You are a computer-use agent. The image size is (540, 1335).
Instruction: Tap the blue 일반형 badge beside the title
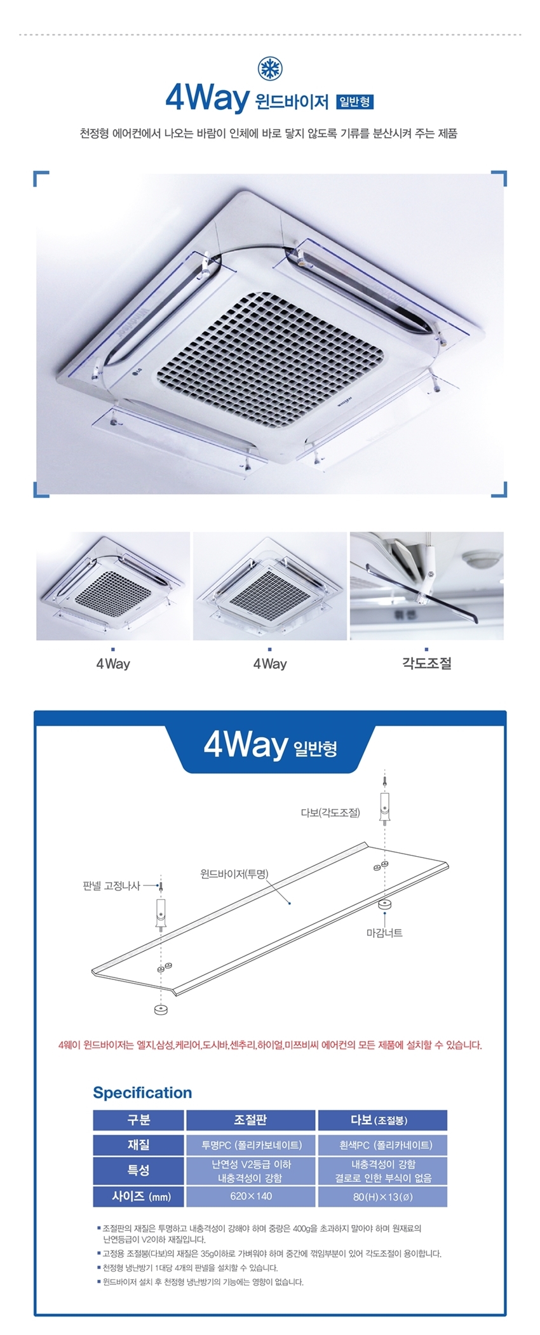coord(356,101)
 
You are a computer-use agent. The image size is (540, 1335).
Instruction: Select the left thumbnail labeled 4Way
coord(113,586)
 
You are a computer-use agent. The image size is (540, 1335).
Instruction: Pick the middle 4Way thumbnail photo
coord(270,586)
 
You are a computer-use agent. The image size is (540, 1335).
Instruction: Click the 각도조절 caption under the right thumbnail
coord(427,664)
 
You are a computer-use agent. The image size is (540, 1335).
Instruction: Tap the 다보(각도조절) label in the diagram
coord(330,812)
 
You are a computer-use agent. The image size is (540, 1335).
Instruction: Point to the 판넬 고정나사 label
coord(111,885)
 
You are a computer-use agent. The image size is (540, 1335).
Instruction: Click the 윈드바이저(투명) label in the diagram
coord(234,874)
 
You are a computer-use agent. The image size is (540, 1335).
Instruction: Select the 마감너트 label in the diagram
coord(384,932)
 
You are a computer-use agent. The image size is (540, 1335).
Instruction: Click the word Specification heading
coord(142,1092)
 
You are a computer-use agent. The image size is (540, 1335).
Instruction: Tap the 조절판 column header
coord(250,1120)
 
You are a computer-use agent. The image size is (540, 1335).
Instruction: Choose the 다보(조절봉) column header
coord(382,1120)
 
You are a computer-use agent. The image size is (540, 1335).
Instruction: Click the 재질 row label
coord(138,1144)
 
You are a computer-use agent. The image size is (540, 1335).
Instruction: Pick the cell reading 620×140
coord(250,1196)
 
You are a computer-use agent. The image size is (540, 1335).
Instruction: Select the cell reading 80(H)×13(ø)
coord(382,1196)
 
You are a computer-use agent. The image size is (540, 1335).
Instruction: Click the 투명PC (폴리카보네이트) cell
coord(250,1144)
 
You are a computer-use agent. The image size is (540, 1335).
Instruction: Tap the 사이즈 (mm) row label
coord(138,1196)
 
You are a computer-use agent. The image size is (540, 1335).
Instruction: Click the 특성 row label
coord(138,1171)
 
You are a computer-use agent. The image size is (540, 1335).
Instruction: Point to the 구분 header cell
coord(138,1120)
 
